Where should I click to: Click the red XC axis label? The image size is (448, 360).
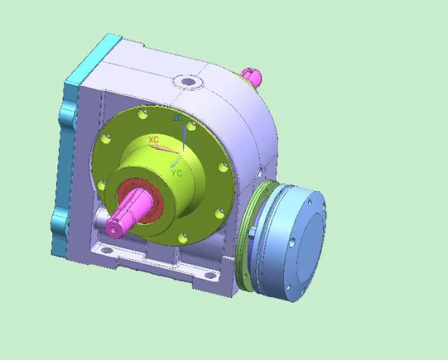[x=154, y=140]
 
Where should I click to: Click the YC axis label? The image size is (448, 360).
[x=177, y=173]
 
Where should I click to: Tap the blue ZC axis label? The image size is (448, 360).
[x=178, y=118]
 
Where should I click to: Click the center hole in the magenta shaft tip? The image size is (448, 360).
[x=113, y=230]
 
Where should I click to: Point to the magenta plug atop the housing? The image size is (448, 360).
[x=252, y=76]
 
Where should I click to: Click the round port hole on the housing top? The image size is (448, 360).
[x=188, y=81]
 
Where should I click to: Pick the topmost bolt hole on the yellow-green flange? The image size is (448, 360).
[x=143, y=114]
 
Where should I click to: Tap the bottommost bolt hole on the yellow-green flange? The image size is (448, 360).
[x=183, y=238]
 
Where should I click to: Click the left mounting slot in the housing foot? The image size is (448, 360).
[x=107, y=250]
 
